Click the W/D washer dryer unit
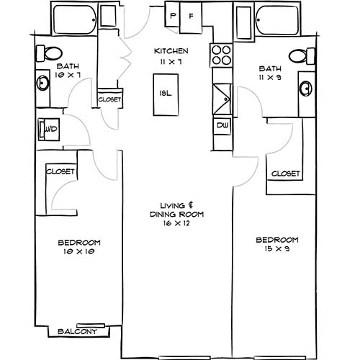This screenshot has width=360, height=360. (x=49, y=130)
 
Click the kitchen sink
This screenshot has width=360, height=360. (x=220, y=95)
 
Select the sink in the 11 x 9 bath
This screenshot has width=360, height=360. (x=306, y=89)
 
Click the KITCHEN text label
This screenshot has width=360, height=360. (x=171, y=51)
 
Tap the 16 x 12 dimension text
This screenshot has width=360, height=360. (x=177, y=224)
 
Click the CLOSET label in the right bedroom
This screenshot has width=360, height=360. (x=285, y=174)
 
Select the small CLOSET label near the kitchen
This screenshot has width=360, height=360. (x=109, y=99)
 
